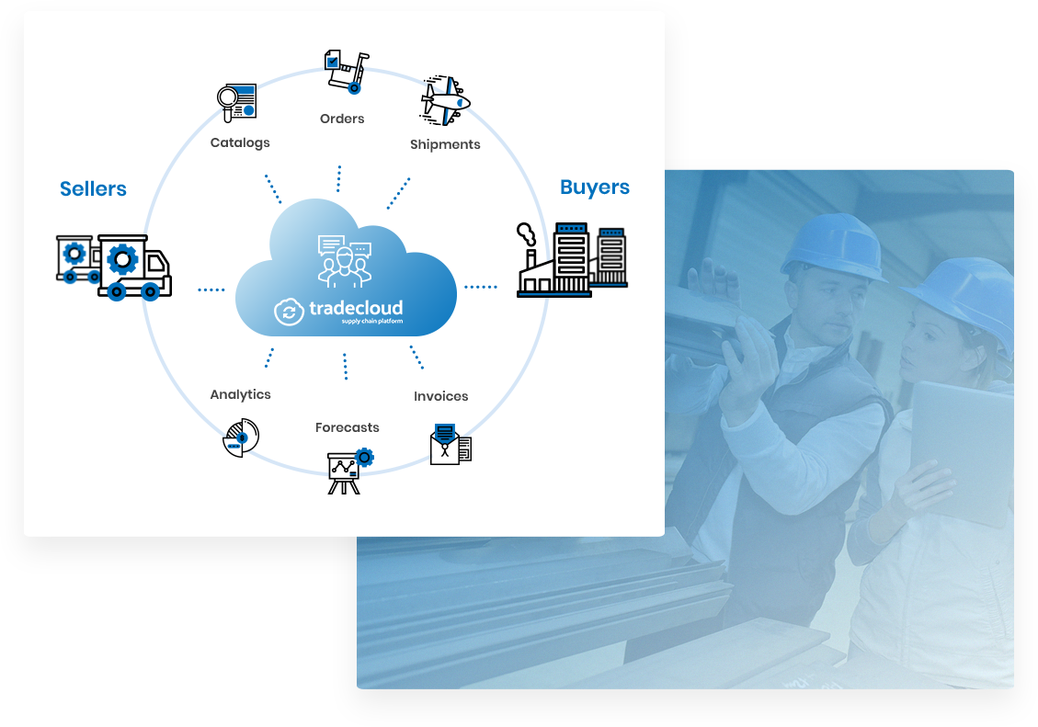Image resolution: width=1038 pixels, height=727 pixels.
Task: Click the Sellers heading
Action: pos(93,188)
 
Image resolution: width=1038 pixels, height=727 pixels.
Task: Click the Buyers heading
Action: pos(595,187)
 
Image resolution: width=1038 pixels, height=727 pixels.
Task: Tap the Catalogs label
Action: pos(240,142)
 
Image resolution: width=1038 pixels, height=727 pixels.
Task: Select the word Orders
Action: pos(342,119)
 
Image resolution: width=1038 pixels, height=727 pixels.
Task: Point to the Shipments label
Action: pos(445,144)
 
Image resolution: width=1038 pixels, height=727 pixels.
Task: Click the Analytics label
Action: pos(240,394)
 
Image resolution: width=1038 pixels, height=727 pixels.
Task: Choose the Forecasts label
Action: pos(347,427)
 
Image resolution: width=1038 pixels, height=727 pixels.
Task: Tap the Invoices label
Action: pos(441,396)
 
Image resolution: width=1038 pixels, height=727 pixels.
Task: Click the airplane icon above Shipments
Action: pos(445,100)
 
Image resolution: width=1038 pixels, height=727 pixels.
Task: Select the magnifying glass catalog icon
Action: pos(237,103)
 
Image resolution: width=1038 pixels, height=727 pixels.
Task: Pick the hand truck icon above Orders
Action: pos(347,72)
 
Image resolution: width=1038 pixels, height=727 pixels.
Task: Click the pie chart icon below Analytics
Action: pos(241,437)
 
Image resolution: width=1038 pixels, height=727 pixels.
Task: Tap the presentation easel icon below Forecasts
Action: pos(349,471)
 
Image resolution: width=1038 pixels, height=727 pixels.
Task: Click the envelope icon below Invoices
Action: pos(451,444)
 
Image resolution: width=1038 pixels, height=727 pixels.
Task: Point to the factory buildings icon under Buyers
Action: pos(572,260)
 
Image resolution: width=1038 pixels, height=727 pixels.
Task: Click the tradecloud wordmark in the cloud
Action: pos(356,308)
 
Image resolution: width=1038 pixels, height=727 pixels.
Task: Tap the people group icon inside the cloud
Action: pos(344,261)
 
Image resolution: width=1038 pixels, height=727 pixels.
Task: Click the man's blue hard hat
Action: pos(836,244)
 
